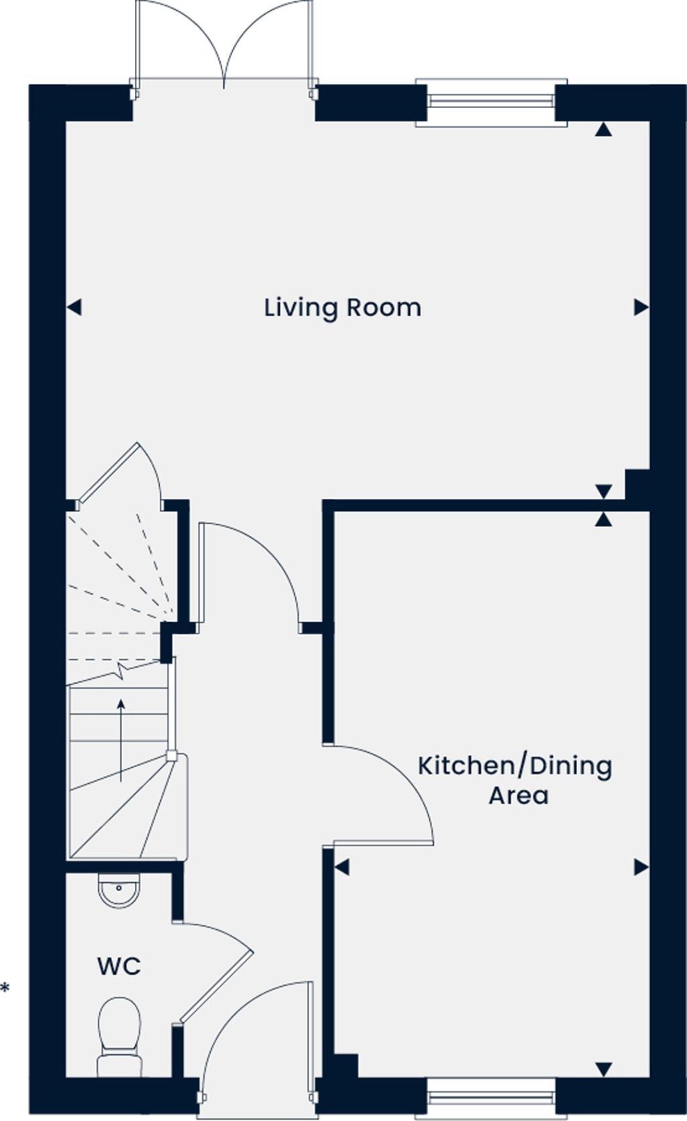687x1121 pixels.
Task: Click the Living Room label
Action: pos(342,308)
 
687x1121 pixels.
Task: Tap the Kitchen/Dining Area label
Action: pos(515,780)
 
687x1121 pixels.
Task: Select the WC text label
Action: pos(119,966)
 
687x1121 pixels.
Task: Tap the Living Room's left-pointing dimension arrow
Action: pos(74,308)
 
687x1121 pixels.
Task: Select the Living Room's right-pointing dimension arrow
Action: pos(641,308)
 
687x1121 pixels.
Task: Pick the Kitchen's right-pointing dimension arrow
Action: pos(641,868)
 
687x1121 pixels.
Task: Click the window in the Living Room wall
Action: pos(491,102)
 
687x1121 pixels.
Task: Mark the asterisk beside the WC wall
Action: pos(5,988)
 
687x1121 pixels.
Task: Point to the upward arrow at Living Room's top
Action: pos(604,129)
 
